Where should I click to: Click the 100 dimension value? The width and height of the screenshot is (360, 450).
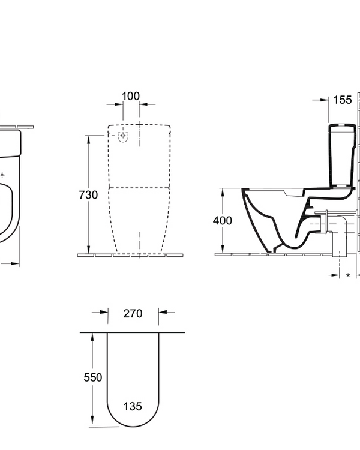[x=131, y=96]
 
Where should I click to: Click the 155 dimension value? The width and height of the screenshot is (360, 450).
[x=342, y=100]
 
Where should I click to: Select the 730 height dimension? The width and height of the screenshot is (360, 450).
[x=88, y=195]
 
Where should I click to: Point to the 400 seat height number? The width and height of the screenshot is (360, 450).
[x=223, y=220]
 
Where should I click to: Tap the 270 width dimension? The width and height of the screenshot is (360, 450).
[x=133, y=313]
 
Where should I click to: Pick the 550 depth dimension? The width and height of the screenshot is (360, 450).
[x=92, y=377]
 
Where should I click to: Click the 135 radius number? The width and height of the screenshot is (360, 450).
[x=133, y=406]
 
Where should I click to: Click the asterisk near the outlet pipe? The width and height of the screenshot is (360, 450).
[x=348, y=275]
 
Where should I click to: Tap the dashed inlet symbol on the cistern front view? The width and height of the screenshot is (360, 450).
[x=124, y=136]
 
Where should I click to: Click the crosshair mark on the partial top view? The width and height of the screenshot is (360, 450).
[x=3, y=175]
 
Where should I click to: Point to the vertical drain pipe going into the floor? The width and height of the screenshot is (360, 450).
[x=340, y=243]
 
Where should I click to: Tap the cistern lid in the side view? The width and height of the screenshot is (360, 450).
[x=343, y=127]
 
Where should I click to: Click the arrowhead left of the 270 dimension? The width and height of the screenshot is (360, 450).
[x=104, y=312]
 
